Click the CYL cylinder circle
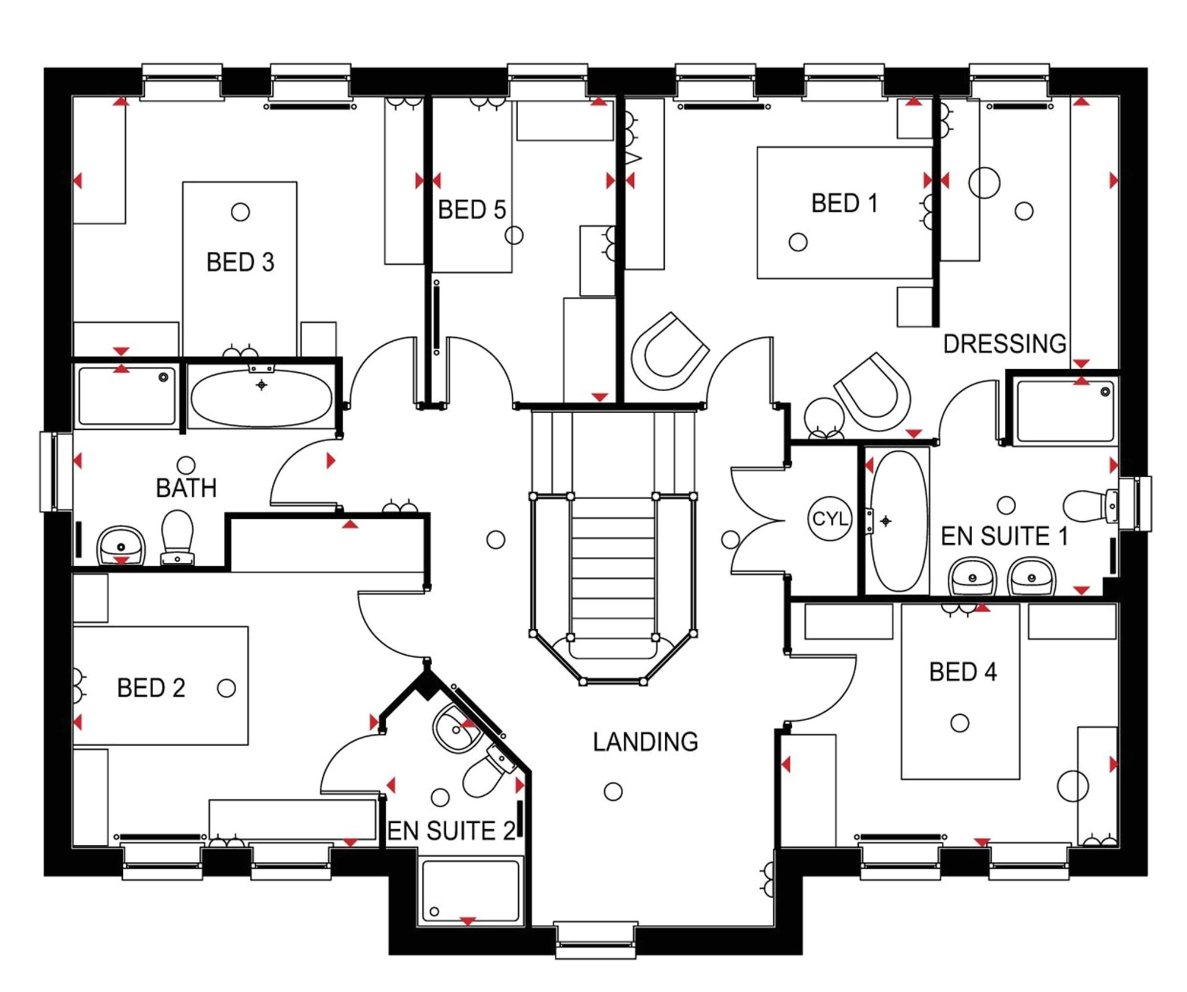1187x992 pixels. click(x=830, y=519)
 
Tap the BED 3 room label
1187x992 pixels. click(x=240, y=262)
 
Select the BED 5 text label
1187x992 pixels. click(x=472, y=210)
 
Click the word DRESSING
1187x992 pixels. click(x=1005, y=344)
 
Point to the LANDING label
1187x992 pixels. click(x=646, y=742)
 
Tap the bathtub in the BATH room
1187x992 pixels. click(x=261, y=398)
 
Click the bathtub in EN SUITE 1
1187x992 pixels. click(x=898, y=521)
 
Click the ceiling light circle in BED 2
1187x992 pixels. click(x=226, y=689)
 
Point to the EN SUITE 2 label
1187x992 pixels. click(x=451, y=831)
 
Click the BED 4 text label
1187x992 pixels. click(x=963, y=672)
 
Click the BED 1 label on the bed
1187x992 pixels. click(x=844, y=203)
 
